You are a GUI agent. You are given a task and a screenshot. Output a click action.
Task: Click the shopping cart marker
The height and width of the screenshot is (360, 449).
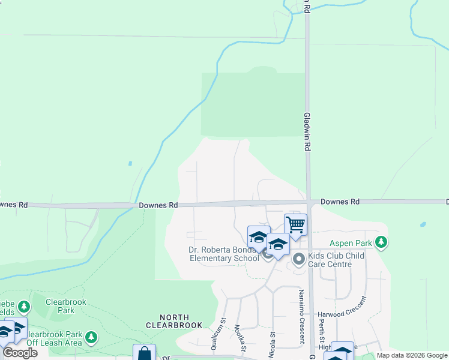295,225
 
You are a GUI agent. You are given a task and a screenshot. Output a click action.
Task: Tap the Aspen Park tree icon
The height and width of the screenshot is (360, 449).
380,243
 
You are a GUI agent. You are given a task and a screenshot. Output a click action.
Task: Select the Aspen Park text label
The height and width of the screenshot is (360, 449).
352,244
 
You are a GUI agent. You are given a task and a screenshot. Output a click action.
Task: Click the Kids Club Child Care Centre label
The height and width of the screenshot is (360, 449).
336,260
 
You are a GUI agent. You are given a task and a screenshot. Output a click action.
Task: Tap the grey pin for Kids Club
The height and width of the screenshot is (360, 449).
299,259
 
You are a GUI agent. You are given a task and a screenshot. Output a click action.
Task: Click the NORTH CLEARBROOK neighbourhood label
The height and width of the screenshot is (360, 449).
174,321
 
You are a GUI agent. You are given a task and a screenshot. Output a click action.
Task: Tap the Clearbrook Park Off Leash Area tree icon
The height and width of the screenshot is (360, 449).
91,337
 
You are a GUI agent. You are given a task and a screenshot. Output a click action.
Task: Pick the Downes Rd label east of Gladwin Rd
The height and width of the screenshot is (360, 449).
339,202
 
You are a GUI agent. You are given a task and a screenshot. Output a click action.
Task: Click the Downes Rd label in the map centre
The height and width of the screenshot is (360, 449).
158,205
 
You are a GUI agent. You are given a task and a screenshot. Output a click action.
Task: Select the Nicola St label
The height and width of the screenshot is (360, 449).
272,342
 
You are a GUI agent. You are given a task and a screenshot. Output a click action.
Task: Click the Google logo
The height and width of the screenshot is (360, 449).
20,353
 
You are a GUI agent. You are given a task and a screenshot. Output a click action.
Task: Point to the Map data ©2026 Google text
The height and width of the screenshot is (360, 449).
411,356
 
